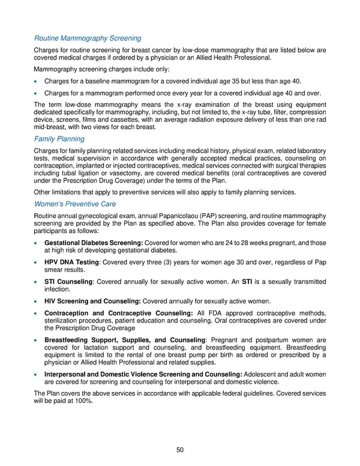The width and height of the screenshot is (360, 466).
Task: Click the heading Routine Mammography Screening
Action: coord(88,38)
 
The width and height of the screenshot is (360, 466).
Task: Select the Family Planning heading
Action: coord(59,139)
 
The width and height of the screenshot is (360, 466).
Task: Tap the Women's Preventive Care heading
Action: coord(75,204)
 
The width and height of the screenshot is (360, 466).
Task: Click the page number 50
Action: coord(180,450)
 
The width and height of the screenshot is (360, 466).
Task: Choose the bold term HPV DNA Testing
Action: coord(71,262)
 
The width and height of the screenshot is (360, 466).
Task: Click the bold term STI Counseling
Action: coord(70,282)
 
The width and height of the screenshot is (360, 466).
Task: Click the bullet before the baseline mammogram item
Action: coord(38,82)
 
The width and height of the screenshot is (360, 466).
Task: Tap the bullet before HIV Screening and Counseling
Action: coord(38,301)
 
